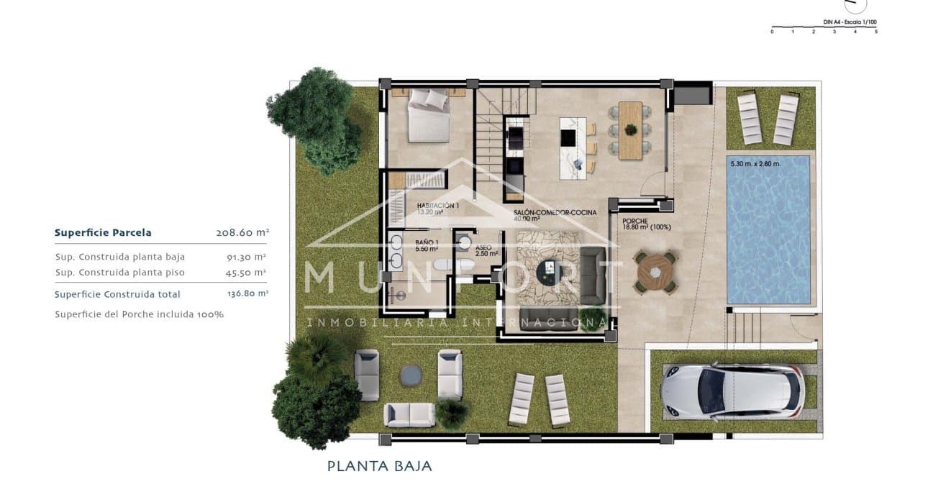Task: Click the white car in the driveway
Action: point(732,392)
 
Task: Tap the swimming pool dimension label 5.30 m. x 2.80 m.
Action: point(755,164)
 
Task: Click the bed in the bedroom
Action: point(429,115)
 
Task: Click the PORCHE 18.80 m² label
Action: point(646,224)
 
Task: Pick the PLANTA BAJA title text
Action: point(380,466)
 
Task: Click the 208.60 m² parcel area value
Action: point(242,233)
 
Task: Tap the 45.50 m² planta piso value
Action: point(247,273)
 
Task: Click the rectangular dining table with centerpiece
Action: point(630,130)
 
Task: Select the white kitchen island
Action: point(574,142)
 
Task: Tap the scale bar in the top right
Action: point(824,29)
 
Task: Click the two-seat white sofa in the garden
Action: point(409,414)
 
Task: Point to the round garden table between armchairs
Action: point(411,374)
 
